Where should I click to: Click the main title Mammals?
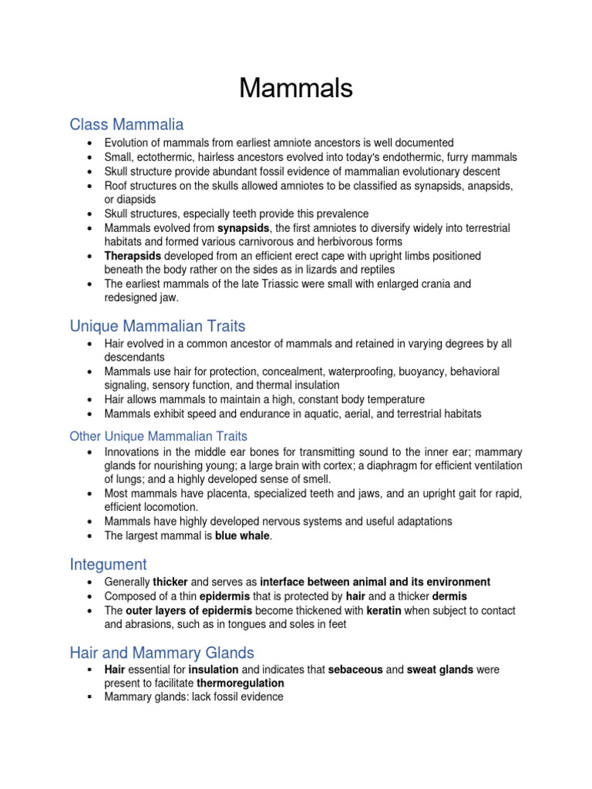[296, 89]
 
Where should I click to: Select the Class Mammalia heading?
[126, 124]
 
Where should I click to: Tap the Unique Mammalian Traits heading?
[157, 326]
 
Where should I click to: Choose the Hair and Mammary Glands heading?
[162, 653]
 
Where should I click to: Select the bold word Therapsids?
[132, 256]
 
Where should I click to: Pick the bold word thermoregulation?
[240, 683]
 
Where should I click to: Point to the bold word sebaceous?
[355, 670]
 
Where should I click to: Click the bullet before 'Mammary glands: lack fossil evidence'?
[90, 697]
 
